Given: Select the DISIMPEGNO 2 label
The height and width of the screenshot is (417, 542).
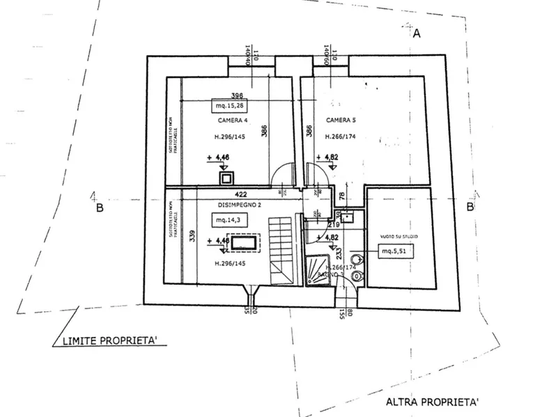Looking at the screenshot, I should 220,205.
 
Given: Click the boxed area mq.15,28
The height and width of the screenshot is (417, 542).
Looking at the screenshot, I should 230,107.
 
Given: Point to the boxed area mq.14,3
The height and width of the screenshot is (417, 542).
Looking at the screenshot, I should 229,220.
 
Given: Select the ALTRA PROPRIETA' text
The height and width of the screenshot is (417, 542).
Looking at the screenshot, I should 432,402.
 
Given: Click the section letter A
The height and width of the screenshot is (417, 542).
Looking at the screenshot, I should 417,33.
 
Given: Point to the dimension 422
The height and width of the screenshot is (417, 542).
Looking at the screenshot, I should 241,195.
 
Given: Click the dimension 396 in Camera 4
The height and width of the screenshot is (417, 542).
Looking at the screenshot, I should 237,96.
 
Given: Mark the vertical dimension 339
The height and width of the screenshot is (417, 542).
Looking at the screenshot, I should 192,235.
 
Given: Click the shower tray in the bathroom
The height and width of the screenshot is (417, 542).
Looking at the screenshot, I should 318,272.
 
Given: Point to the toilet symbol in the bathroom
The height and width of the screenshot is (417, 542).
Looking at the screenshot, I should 357,276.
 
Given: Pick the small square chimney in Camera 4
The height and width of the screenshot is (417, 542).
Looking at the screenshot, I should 226,178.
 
